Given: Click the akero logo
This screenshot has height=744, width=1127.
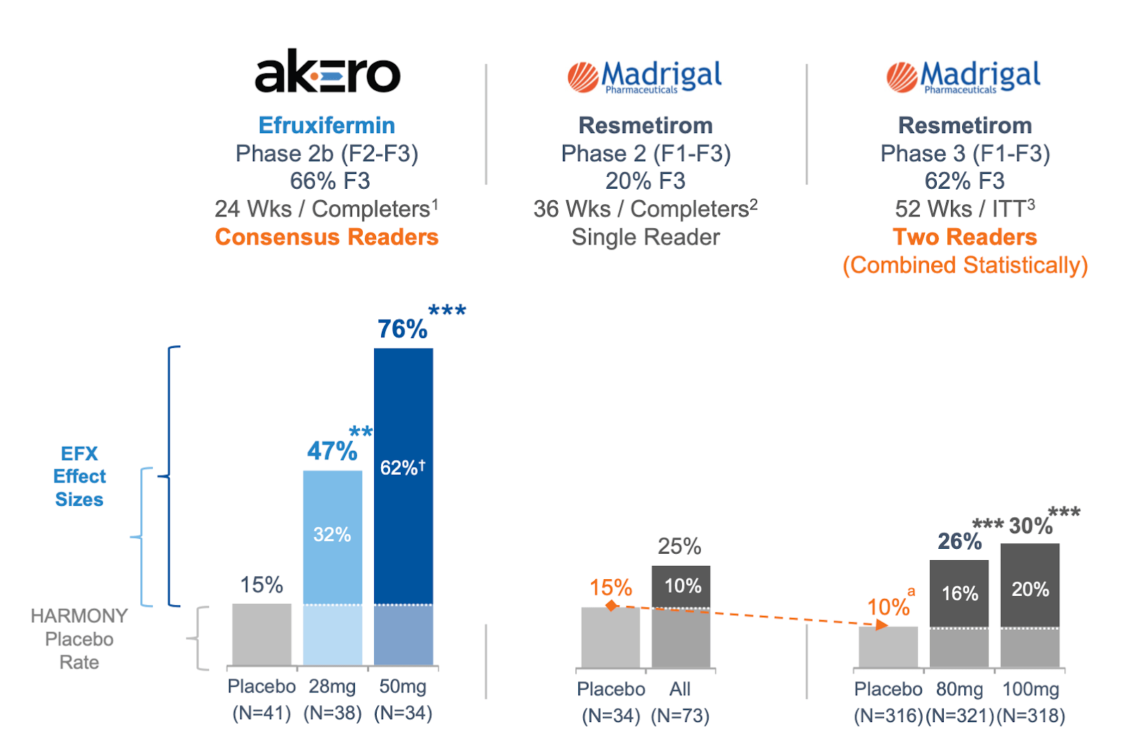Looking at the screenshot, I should tap(327, 72).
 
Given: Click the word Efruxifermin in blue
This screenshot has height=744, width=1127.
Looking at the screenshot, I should tap(327, 125).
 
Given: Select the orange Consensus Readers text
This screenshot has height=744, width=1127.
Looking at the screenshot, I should tap(327, 237).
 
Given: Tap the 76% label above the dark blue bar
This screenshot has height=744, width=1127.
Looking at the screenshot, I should tap(402, 329).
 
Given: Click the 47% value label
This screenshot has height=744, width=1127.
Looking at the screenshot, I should tap(332, 451).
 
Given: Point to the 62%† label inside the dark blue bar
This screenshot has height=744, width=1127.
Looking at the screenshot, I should tap(402, 468).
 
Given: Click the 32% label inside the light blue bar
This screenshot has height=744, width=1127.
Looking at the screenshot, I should tap(332, 535).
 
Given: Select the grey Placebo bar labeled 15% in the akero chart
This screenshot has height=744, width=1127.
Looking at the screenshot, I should tap(261, 634).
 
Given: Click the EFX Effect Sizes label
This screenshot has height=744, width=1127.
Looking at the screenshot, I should tap(80, 476).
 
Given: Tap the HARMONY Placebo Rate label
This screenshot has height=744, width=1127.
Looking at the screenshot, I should tap(79, 639).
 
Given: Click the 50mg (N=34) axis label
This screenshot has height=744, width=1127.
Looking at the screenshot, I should tap(403, 700).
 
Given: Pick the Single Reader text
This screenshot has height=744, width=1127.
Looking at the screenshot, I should tap(645, 237).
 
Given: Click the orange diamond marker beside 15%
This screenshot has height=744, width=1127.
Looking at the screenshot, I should tap(611, 606).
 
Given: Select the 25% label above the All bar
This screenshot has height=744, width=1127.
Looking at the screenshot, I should tap(679, 547).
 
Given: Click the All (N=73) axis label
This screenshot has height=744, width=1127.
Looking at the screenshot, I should tap(680, 702).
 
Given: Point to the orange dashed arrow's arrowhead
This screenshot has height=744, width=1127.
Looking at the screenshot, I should tap(881, 625).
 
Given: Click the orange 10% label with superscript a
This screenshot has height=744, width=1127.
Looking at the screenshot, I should tap(889, 606).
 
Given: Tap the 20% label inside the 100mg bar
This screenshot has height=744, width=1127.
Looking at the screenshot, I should tap(1030, 590).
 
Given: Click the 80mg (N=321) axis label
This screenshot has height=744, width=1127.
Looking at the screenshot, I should tap(959, 702).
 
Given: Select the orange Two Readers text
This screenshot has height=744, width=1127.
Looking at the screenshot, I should tap(965, 237).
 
